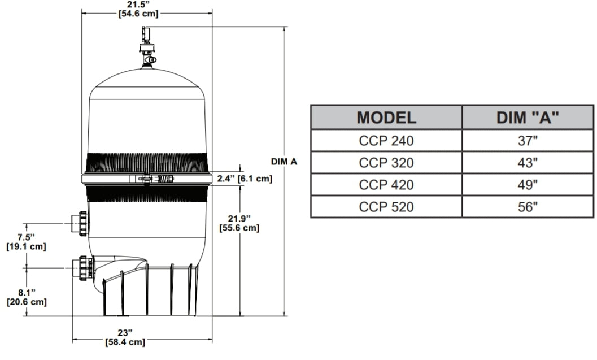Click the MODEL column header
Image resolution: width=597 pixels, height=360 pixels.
tap(386, 118)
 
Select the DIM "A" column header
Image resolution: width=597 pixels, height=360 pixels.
tap(528, 118)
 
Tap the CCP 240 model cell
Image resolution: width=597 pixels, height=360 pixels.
tap(386, 141)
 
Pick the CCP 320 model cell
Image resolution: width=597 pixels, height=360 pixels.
tap(386, 163)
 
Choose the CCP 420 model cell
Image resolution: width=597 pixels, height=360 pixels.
tap(386, 185)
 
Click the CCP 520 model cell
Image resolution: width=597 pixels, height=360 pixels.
tap(386, 207)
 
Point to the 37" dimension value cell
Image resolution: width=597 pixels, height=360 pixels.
tap(528, 141)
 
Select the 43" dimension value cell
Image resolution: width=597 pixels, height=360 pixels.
tap(528, 163)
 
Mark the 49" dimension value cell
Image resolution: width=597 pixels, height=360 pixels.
tap(528, 185)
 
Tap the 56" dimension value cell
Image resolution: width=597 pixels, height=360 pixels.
tap(528, 207)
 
